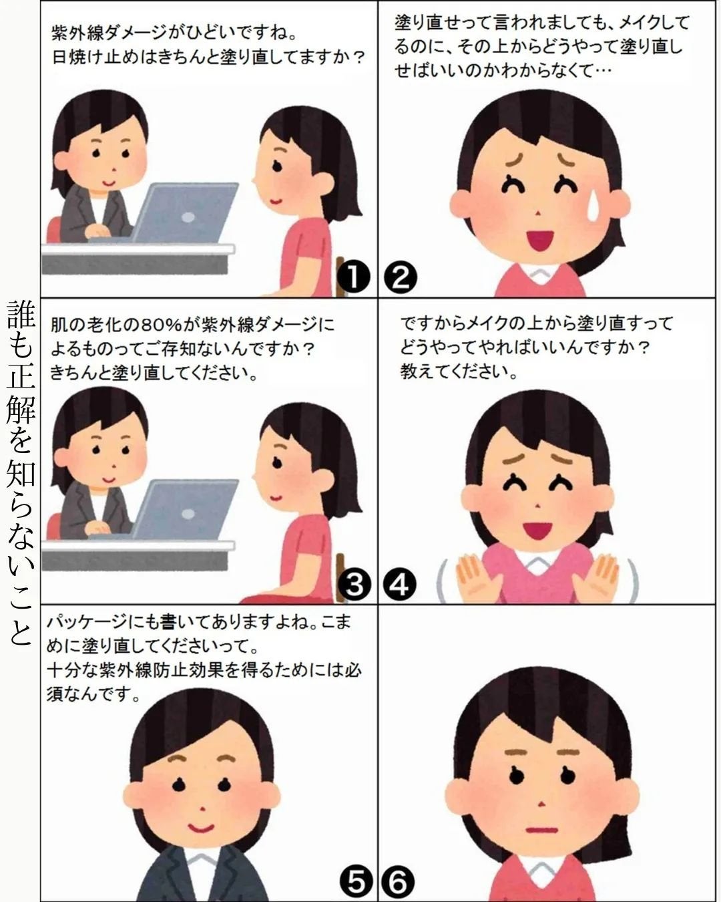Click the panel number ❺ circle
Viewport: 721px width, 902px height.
(356, 883)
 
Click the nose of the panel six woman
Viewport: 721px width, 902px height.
(543, 801)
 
